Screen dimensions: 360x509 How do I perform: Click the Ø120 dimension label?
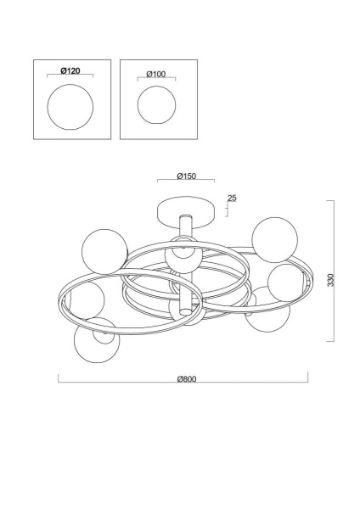pyautogui.click(x=70, y=70)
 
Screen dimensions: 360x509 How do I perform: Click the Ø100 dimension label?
pyautogui.click(x=156, y=74)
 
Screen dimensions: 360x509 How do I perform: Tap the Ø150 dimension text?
pyautogui.click(x=187, y=176)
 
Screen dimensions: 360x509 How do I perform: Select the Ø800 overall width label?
pyautogui.click(x=187, y=379)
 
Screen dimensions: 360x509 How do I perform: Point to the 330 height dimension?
pyautogui.click(x=330, y=280)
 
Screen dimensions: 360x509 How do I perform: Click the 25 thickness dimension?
pyautogui.click(x=232, y=198)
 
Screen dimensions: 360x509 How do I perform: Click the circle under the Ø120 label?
pyautogui.click(x=70, y=107)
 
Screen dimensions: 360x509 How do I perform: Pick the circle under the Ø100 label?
pyautogui.click(x=156, y=105)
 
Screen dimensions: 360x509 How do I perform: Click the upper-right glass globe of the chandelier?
pyautogui.click(x=275, y=239)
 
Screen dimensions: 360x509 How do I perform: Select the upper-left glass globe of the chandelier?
pyautogui.click(x=104, y=252)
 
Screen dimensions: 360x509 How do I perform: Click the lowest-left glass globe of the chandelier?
pyautogui.click(x=97, y=340)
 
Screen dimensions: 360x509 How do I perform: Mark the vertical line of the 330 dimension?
pyautogui.click(x=334, y=271)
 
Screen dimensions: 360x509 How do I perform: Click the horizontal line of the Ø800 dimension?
pyautogui.click(x=183, y=382)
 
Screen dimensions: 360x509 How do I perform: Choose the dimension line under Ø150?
pyautogui.click(x=186, y=179)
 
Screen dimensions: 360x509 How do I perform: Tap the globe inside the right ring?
pyautogui.click(x=287, y=282)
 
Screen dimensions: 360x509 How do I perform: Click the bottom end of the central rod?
pyautogui.click(x=186, y=312)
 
